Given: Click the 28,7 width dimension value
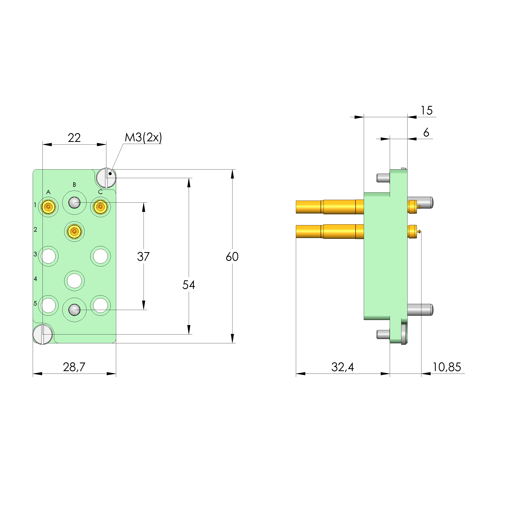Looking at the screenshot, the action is (74, 367).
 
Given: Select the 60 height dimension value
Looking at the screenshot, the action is (232, 257).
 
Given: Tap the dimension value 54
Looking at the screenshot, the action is (189, 285).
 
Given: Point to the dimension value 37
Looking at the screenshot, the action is (143, 257).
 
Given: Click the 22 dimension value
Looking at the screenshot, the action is (74, 138).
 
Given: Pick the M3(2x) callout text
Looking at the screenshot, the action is (143, 138).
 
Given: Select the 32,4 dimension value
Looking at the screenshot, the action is (343, 367).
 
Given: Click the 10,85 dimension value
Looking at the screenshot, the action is (447, 367).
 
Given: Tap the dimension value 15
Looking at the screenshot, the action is (427, 110).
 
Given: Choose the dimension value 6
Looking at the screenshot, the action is (426, 132).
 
